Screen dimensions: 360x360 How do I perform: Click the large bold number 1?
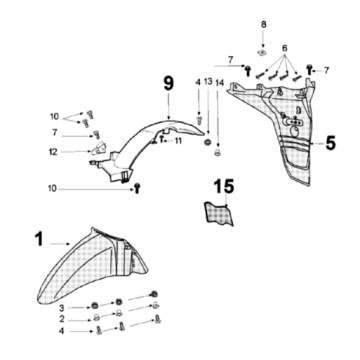(x=39, y=239)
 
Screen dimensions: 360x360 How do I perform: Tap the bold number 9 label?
(x=169, y=83)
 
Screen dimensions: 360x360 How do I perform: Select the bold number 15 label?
(x=224, y=186)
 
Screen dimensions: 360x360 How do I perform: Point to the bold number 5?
(x=330, y=143)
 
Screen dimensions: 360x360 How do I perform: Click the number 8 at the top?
(x=264, y=24)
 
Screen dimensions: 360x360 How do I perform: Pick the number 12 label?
(x=53, y=152)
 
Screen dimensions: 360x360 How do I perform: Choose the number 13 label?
(x=208, y=81)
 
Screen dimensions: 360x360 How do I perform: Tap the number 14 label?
(x=220, y=82)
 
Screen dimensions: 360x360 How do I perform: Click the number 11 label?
(x=178, y=141)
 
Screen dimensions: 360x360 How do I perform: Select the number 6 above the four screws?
(x=284, y=48)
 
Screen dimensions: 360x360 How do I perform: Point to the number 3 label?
(x=62, y=307)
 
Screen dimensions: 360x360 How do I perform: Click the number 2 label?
(x=62, y=319)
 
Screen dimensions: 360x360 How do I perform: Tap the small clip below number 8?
(x=263, y=52)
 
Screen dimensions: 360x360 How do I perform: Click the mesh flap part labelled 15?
(x=219, y=213)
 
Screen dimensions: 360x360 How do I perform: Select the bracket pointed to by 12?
(x=98, y=148)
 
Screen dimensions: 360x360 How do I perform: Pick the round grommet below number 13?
(x=208, y=142)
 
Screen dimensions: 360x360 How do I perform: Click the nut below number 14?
(x=218, y=153)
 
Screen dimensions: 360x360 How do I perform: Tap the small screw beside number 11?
(x=162, y=139)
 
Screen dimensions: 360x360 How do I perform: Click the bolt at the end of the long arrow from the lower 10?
(x=137, y=189)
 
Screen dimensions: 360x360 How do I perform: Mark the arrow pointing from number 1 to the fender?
(x=60, y=244)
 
